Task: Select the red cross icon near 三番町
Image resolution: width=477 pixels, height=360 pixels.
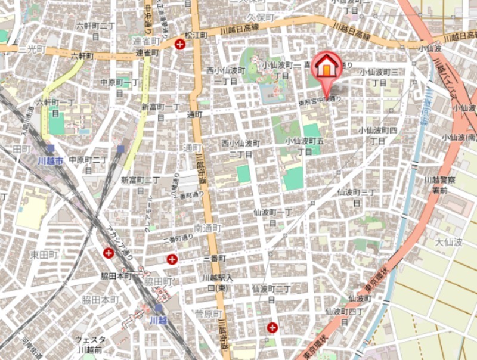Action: click(172, 259)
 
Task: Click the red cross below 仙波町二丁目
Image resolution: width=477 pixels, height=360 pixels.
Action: click(272, 327)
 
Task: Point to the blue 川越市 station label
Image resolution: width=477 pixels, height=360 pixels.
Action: click(50, 160)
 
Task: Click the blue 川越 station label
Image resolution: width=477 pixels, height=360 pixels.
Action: click(157, 320)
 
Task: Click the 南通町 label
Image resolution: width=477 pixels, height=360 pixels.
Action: click(208, 228)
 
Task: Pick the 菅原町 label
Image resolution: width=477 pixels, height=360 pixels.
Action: click(208, 314)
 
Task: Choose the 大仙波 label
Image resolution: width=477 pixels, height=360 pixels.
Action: click(448, 242)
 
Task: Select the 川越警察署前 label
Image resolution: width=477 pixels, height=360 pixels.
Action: click(444, 185)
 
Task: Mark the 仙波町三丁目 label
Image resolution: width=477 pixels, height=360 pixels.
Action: click(357, 197)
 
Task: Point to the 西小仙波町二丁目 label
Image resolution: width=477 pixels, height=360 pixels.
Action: click(241, 148)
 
